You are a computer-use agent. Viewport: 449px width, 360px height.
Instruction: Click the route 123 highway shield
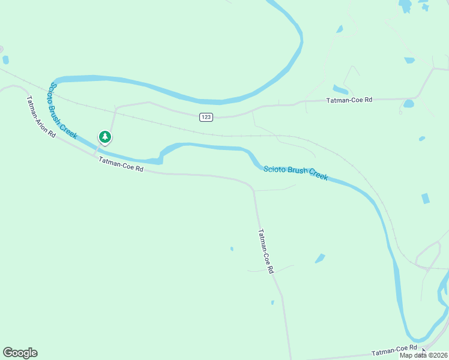click(x=206, y=118)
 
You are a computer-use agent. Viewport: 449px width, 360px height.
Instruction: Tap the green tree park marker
click(x=105, y=137)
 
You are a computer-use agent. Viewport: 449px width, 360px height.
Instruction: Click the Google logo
click(x=20, y=353)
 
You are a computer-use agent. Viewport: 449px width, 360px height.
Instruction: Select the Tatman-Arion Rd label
click(x=41, y=117)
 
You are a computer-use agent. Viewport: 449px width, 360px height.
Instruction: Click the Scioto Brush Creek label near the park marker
click(x=62, y=112)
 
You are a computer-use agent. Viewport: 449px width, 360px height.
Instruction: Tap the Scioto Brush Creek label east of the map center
click(x=295, y=173)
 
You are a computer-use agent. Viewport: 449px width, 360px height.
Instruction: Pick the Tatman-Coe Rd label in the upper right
click(x=349, y=100)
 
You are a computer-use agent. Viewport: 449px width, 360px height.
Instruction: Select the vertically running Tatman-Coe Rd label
click(x=265, y=251)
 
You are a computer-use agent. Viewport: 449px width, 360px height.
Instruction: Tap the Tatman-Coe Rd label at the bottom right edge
click(x=394, y=352)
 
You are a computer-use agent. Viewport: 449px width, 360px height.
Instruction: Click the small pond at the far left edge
click(x=5, y=60)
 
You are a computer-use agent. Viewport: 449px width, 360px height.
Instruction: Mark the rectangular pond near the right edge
click(x=426, y=199)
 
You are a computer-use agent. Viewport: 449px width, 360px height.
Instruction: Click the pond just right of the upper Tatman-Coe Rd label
click(x=409, y=103)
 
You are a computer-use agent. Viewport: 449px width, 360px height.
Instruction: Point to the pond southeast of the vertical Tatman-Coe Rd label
click(x=320, y=259)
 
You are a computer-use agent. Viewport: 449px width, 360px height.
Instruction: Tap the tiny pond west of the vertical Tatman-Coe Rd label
click(x=232, y=248)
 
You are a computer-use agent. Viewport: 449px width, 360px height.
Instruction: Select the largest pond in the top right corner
click(x=406, y=6)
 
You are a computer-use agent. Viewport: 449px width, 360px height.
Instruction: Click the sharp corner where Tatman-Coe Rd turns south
click(x=253, y=188)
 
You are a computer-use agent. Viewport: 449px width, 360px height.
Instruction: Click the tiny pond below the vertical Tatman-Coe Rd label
click(x=272, y=302)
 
